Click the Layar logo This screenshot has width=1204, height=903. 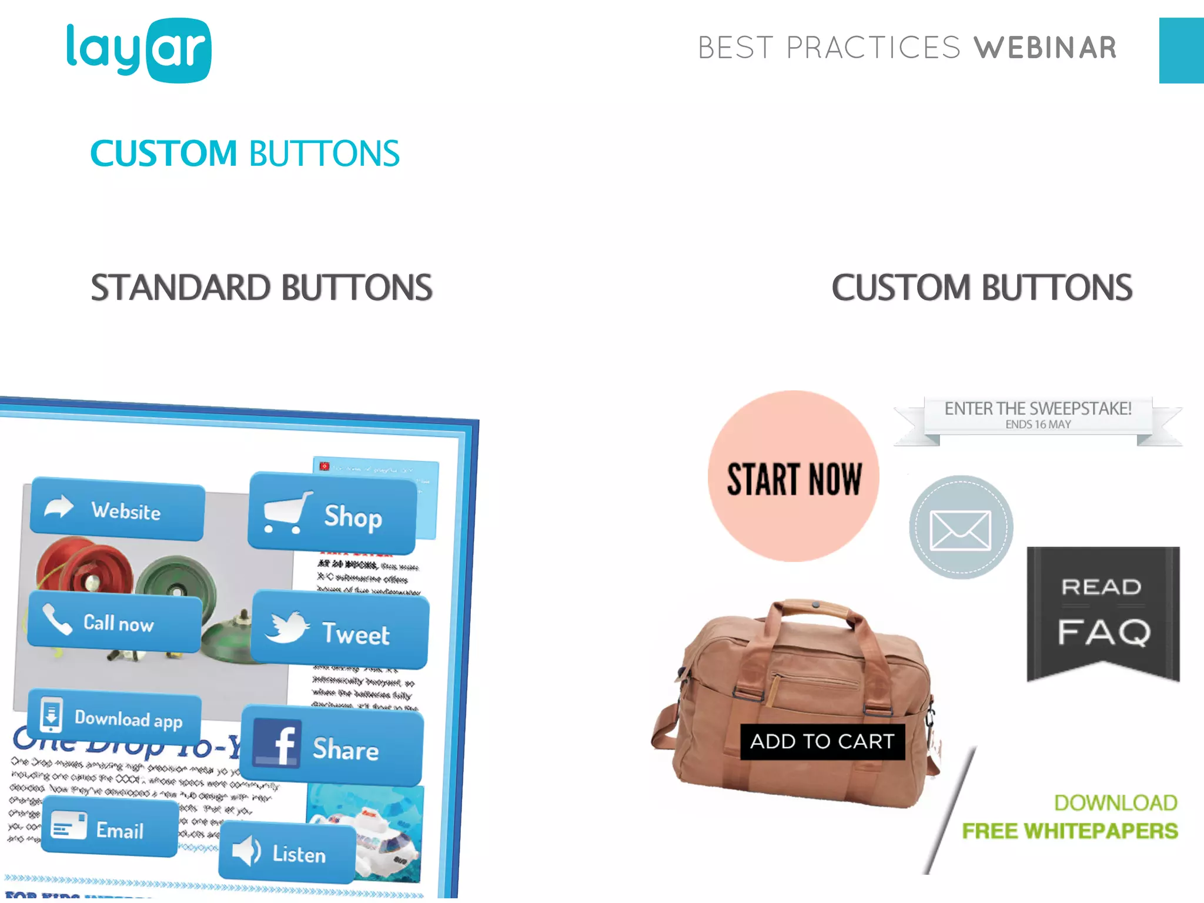[x=139, y=51]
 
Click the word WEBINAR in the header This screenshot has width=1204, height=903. [x=1045, y=48]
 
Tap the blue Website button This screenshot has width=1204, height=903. [x=118, y=509]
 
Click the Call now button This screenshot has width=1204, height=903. [x=115, y=622]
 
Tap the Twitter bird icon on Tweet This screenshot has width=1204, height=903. [x=286, y=627]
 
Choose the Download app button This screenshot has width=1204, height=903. [x=115, y=717]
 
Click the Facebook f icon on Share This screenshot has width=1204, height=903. [x=278, y=744]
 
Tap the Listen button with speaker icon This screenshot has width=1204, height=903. [x=287, y=852]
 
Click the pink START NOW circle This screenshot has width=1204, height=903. [x=793, y=477]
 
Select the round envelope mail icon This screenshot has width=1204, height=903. [x=961, y=527]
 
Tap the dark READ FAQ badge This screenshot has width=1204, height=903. [x=1103, y=611]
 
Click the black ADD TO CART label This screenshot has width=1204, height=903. [x=822, y=741]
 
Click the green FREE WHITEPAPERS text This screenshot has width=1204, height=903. [x=1069, y=831]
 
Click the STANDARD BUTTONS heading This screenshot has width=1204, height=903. [x=262, y=287]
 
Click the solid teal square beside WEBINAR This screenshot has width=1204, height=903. [x=1181, y=51]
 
